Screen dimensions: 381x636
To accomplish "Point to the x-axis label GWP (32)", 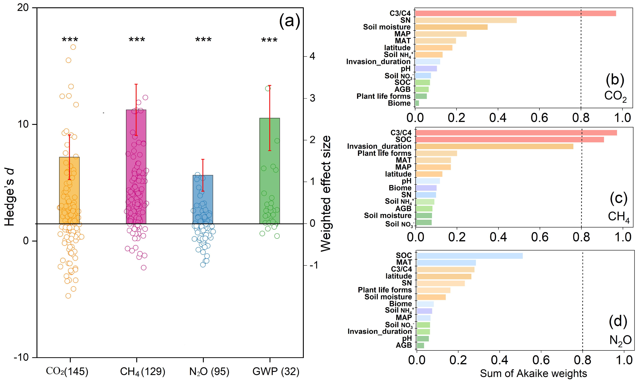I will [x=276, y=371].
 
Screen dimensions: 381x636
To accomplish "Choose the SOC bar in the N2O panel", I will [x=469, y=256].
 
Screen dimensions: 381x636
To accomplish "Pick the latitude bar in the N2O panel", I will [x=444, y=276].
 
